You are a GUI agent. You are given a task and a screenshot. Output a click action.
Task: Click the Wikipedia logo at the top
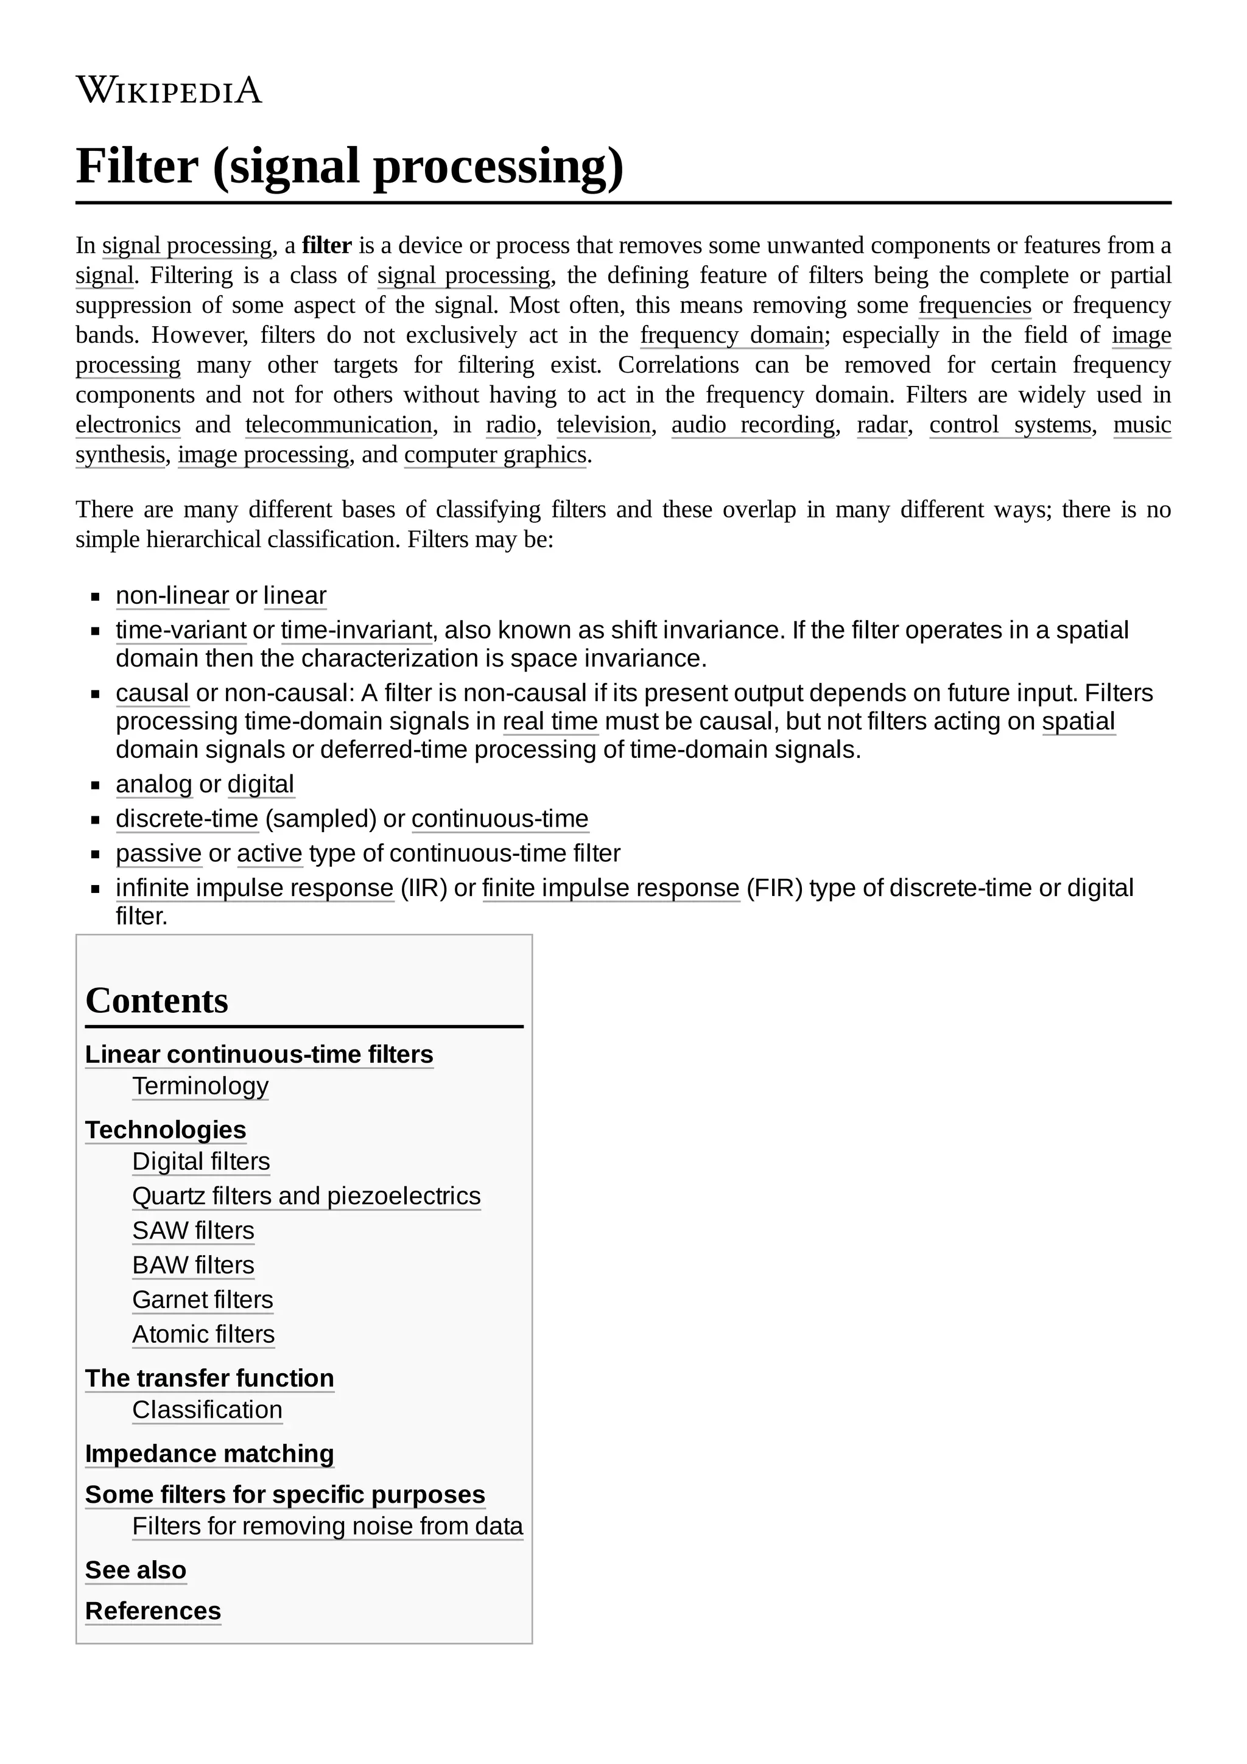[x=169, y=91]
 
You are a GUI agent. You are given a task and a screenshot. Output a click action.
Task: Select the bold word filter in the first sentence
[x=326, y=246]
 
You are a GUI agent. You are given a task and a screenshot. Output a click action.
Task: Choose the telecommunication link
[x=339, y=425]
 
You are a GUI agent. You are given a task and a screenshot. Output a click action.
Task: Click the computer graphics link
[x=495, y=455]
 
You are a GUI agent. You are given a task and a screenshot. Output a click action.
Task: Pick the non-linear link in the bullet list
[x=172, y=595]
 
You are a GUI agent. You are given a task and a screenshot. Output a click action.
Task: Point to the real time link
[x=550, y=721]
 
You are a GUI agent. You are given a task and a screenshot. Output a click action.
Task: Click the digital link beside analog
[x=261, y=785]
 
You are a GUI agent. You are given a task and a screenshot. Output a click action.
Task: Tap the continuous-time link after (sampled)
[x=500, y=819]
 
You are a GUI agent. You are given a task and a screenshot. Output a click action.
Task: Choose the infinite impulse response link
[x=255, y=888]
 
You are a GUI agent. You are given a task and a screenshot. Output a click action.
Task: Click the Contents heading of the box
[x=156, y=1000]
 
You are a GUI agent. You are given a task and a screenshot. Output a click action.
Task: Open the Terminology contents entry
[x=200, y=1087]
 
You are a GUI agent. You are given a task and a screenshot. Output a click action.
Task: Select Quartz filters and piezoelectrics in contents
[x=306, y=1196]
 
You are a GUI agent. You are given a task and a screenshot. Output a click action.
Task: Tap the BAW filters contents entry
[x=193, y=1265]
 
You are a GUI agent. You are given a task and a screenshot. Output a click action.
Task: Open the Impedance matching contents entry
[x=209, y=1454]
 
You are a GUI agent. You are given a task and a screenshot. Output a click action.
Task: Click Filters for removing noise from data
[x=328, y=1526]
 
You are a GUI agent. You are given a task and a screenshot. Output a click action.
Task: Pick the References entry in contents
[x=153, y=1611]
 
